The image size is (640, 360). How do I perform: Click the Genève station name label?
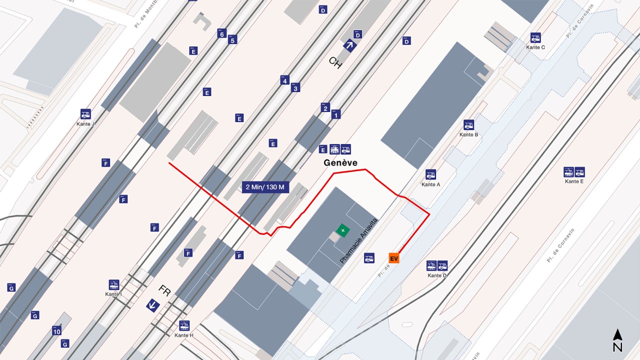tap(340, 163)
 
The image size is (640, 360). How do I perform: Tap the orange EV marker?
tap(394, 258)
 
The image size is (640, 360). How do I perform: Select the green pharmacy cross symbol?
tap(342, 230)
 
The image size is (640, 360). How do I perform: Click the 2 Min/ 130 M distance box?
tap(265, 187)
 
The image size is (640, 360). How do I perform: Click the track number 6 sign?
tap(221, 34)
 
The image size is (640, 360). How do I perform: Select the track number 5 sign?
tap(232, 40)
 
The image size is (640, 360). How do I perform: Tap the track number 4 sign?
tap(284, 80)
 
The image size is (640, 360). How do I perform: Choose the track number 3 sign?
tap(295, 88)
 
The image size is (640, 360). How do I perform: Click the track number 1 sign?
tap(336, 114)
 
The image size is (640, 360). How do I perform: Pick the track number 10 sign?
tap(57, 331)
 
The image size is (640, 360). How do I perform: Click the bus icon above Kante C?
tap(535, 37)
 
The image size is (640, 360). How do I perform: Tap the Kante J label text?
tap(85, 124)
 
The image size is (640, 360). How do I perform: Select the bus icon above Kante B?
tap(468, 125)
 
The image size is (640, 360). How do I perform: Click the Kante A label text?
tap(430, 184)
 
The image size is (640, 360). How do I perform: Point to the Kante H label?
tap(184, 335)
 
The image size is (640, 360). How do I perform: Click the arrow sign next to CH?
tap(349, 46)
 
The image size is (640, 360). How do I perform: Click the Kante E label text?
tap(574, 181)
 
